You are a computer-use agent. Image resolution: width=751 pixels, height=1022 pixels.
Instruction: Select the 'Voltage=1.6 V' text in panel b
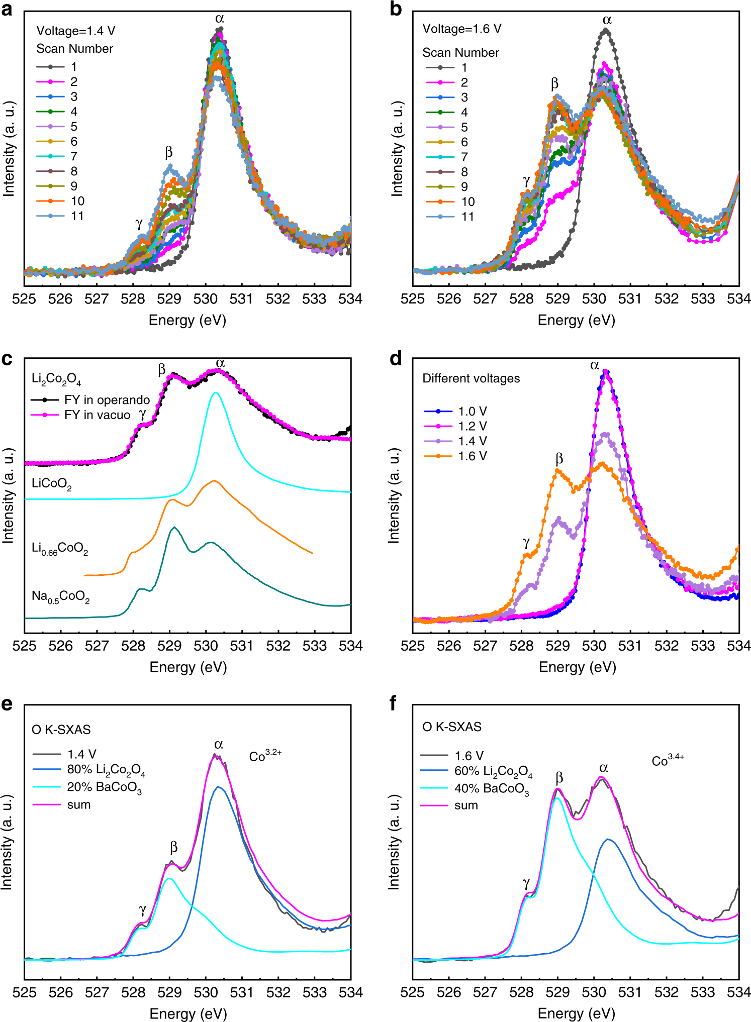point(461,29)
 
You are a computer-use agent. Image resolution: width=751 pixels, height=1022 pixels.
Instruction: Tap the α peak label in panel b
point(607,20)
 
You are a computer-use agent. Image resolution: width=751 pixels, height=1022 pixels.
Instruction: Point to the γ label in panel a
point(139,223)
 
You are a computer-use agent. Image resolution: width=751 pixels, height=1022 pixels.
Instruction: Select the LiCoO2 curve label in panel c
point(51,484)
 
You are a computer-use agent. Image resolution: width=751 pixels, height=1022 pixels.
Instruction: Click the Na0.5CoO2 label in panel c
point(60,597)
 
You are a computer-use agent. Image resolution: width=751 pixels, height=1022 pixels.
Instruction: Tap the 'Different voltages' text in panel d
point(471,378)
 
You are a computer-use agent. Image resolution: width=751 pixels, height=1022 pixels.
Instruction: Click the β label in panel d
point(559,459)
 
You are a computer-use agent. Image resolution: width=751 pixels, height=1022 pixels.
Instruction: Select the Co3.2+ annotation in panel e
point(265,756)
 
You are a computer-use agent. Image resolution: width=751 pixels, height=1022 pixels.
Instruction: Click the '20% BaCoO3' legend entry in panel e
point(104,787)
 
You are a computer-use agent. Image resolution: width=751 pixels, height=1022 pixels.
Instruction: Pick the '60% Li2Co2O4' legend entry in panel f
point(493,772)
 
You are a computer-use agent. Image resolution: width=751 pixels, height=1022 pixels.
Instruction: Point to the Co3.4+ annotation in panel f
point(668,761)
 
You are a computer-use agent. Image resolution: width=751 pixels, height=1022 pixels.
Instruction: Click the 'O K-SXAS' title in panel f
point(451,727)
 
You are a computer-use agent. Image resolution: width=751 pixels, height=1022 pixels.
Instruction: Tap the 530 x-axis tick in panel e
point(206,992)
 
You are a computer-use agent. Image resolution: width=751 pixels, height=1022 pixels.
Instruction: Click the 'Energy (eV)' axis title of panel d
point(577,667)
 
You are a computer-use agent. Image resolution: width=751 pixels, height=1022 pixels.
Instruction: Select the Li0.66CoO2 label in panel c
point(59,548)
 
